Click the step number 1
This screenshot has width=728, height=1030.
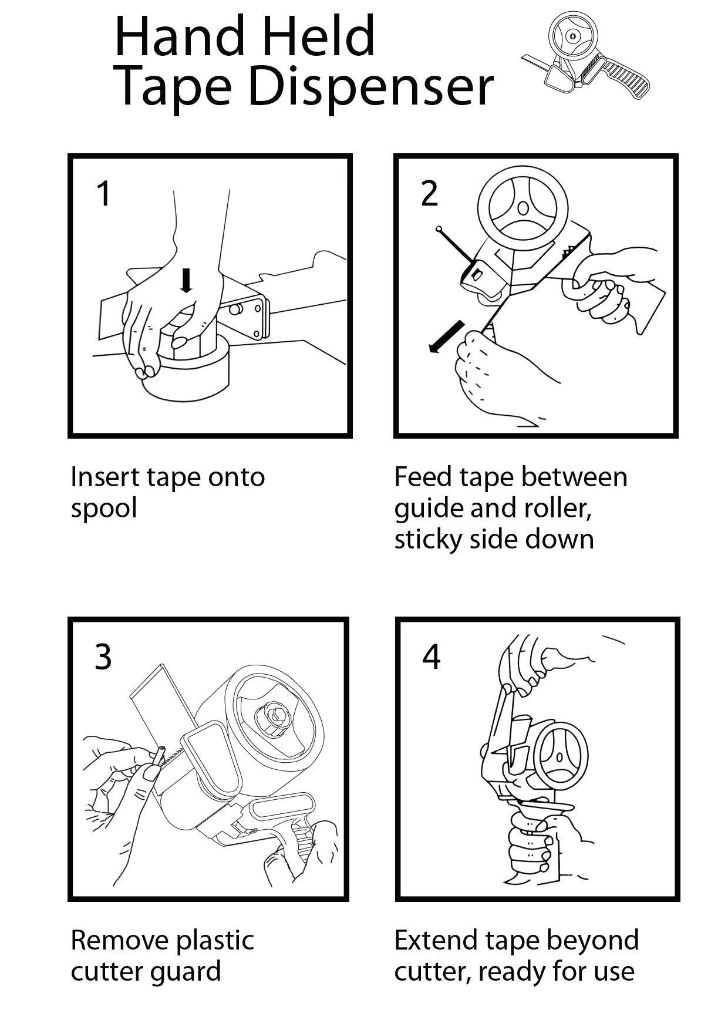click(103, 194)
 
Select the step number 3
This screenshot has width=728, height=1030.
click(103, 657)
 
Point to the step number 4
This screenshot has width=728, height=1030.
click(431, 657)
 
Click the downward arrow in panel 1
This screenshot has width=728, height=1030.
click(187, 281)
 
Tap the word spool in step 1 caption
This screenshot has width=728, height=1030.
click(103, 508)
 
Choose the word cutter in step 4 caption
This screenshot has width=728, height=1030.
click(430, 972)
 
